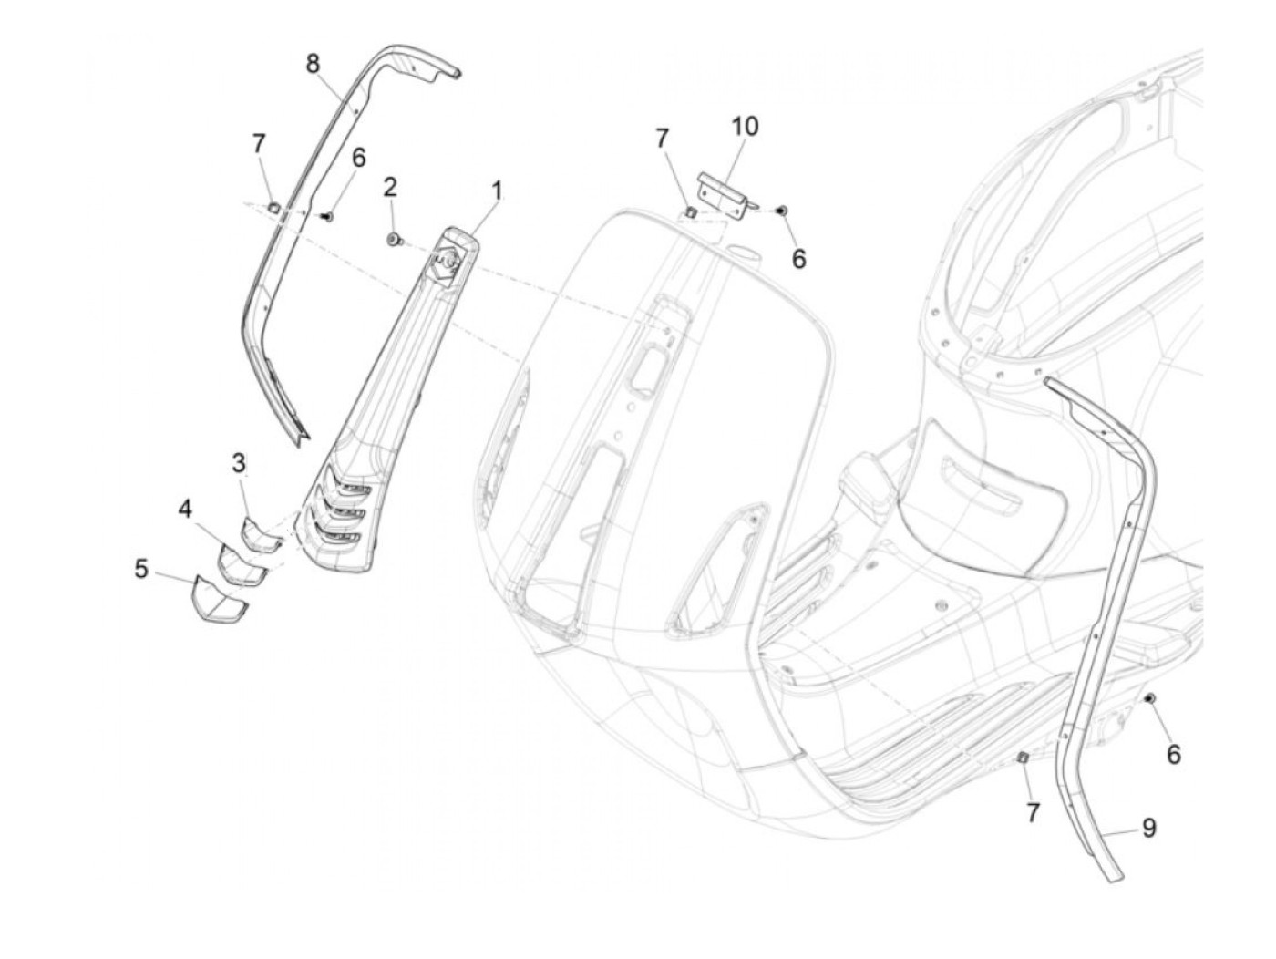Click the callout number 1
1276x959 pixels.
pos(497,191)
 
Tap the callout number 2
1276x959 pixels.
pos(390,188)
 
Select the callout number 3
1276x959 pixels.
pos(239,464)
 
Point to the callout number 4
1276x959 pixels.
pos(185,509)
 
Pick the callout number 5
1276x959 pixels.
pos(141,569)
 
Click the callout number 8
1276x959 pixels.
pos(313,64)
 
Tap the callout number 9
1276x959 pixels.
pos(1149,828)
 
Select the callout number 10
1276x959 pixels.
pos(746,126)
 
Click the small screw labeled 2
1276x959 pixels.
pos(394,239)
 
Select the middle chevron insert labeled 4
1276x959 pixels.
pos(240,564)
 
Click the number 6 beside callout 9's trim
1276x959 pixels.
pos(1174,754)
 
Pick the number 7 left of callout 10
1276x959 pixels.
pos(663,139)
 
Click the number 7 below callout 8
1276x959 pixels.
pos(259,144)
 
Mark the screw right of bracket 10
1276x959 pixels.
pos(782,211)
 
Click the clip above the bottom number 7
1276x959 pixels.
pos(1024,757)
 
